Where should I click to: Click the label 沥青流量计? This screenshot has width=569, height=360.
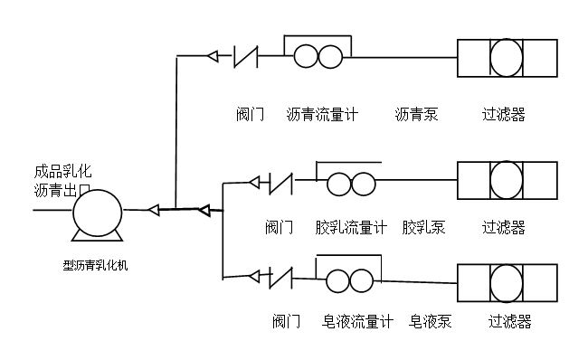[322, 115]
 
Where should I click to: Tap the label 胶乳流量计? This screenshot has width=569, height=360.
[351, 228]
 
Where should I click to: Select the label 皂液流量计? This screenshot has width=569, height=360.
[357, 321]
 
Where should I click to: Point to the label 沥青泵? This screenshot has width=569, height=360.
[417, 115]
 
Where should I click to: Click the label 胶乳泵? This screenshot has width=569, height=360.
[423, 228]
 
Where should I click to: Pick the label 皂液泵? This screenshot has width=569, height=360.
[430, 321]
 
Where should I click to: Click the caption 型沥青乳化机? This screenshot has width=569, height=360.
[96, 266]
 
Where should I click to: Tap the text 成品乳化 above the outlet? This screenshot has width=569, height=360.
[62, 172]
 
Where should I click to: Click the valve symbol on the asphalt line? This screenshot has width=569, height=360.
[246, 57]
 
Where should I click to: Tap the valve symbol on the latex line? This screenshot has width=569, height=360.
[280, 184]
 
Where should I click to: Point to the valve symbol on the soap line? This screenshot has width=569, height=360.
[280, 278]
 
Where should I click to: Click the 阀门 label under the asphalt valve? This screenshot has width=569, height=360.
[250, 115]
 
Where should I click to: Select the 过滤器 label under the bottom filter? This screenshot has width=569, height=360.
[510, 321]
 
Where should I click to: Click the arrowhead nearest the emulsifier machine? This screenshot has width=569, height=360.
[154, 210]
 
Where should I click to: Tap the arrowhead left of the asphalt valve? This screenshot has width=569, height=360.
[213, 56]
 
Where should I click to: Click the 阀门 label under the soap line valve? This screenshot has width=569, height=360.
[287, 321]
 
